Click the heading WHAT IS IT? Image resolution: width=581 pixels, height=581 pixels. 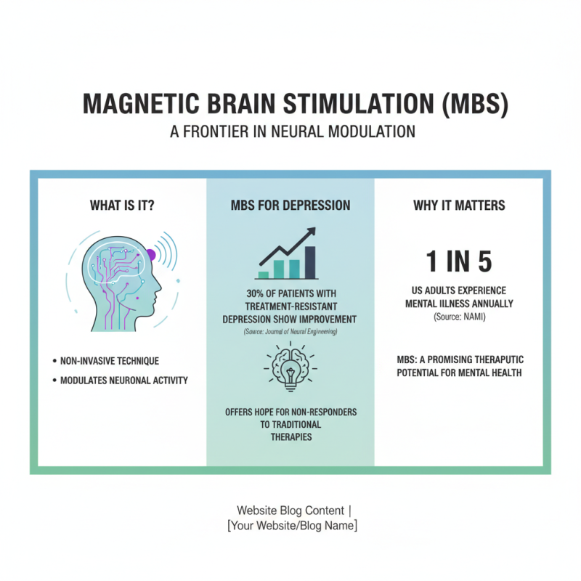[122, 206]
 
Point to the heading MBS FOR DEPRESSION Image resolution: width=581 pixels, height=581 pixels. [290, 206]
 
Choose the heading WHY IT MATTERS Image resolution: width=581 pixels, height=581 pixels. [459, 206]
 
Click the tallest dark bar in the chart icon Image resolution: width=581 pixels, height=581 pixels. [311, 262]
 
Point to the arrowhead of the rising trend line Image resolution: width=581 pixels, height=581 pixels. [311, 232]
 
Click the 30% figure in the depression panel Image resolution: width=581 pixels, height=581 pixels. [247, 293]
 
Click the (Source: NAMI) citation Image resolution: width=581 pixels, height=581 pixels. [458, 317]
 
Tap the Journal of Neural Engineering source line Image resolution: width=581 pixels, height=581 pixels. [290, 331]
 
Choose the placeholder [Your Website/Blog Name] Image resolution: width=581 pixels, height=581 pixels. [291, 525]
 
